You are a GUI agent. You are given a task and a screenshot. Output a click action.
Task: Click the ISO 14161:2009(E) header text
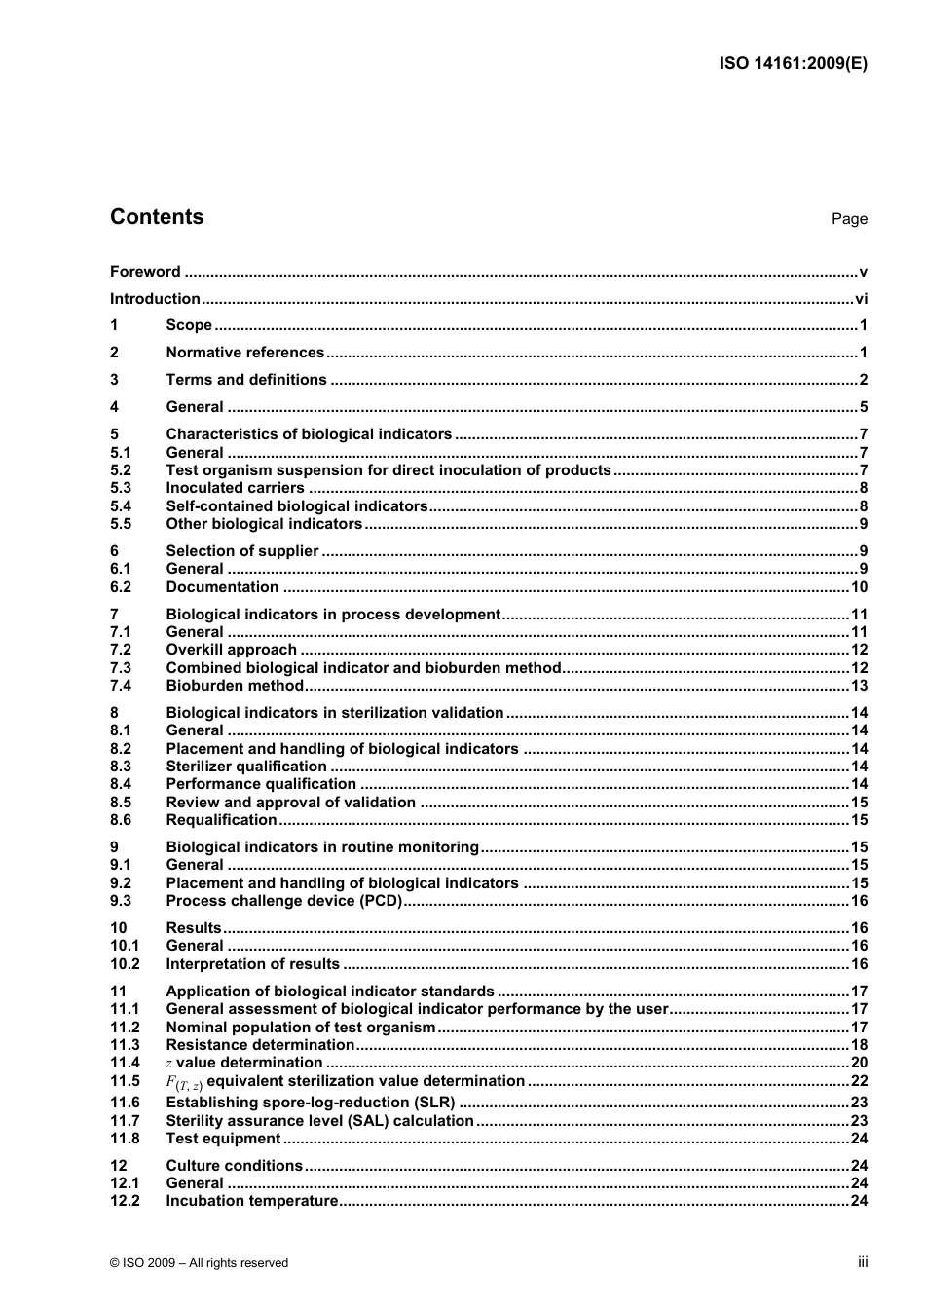793,64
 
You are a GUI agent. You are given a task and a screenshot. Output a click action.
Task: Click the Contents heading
157,217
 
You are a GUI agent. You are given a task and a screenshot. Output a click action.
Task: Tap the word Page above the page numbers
849,219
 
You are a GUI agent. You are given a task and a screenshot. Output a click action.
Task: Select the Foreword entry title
145,272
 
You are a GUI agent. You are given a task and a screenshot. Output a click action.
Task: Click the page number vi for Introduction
861,299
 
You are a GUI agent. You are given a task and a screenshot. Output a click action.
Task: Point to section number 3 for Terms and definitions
114,380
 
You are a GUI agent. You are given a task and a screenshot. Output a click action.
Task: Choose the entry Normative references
244,353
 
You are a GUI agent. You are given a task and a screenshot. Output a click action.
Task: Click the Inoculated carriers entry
235,488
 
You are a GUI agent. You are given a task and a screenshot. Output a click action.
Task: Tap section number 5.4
121,506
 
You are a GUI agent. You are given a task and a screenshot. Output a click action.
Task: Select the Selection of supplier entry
241,551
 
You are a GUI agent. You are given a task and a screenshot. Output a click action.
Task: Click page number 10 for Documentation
859,587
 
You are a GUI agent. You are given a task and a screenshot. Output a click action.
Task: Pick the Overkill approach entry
231,650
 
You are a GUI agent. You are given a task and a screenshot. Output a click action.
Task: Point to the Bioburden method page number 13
859,686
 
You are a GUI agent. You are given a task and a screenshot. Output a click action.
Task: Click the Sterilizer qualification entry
245,767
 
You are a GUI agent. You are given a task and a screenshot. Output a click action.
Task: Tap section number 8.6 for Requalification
121,820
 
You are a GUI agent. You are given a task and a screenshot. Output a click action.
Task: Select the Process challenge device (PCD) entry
283,901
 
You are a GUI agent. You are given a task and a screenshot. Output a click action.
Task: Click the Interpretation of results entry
252,964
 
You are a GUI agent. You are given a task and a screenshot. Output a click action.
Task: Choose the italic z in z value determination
169,1064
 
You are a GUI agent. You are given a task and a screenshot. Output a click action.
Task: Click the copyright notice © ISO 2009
200,1262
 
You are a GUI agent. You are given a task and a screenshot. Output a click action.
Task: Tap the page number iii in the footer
863,1261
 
